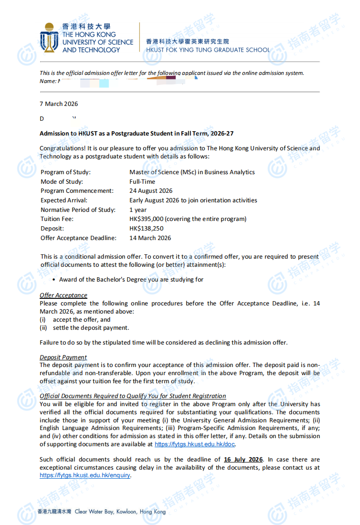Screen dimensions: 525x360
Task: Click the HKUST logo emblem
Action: click(x=50, y=38)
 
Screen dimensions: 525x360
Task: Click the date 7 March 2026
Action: click(x=59, y=104)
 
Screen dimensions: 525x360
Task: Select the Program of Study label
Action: click(x=65, y=172)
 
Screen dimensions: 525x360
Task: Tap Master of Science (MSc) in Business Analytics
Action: click(x=192, y=172)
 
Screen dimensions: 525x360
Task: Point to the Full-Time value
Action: click(x=142, y=181)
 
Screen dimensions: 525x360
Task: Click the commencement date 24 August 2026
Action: click(x=151, y=191)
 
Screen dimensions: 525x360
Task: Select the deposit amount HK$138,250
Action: click(x=146, y=229)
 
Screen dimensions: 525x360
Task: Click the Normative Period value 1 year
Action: click(x=138, y=210)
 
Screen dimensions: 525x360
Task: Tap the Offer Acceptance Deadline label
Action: click(x=78, y=238)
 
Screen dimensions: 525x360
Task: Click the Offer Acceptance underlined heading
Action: click(x=64, y=295)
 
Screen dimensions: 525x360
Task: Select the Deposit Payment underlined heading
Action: click(x=63, y=357)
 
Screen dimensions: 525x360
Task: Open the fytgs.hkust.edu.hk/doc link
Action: click(x=195, y=444)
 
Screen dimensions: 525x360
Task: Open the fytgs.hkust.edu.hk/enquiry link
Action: click(x=85, y=475)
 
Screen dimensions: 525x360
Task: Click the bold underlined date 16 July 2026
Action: click(x=244, y=460)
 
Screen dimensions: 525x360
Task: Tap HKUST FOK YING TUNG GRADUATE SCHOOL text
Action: click(x=208, y=50)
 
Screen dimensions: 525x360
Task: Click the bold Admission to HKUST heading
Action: click(x=137, y=133)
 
